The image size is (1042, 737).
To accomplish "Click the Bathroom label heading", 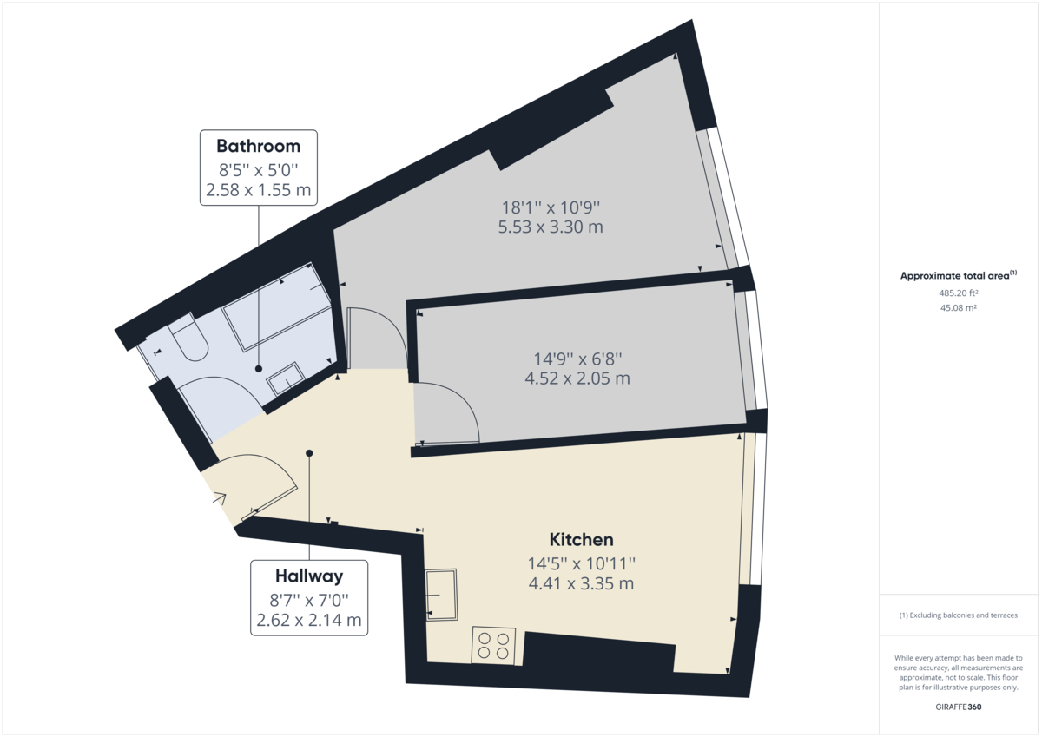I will coord(258,146).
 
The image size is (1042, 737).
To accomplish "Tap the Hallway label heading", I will coord(309,575).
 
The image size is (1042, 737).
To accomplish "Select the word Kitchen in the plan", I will coord(581,540).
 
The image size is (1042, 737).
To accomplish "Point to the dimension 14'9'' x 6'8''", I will coord(577,358).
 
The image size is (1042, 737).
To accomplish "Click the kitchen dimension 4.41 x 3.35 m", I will coord(581,583).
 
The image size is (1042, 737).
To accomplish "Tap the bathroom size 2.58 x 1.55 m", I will coord(258,189).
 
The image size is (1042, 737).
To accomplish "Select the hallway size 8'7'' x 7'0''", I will coord(309,599).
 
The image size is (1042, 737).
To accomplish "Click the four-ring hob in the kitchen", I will coord(493,646).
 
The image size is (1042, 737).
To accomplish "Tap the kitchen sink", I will coord(442,595).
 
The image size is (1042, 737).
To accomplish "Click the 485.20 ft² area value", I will coord(959,293).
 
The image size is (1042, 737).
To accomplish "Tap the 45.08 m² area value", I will coord(959,307).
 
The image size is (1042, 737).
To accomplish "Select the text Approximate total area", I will coord(954,276).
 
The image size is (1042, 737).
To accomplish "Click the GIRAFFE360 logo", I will coord(959,707).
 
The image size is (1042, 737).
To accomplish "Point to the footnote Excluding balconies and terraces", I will coord(959,615).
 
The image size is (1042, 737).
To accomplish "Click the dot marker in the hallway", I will coord(309,452).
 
